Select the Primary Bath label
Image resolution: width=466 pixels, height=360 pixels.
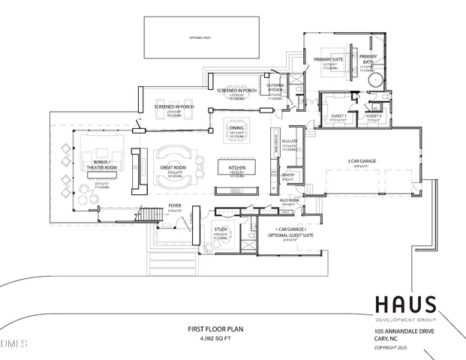[x=368, y=58]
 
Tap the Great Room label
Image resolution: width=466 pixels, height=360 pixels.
[x=173, y=168]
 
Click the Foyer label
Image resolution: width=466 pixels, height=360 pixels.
[x=174, y=205]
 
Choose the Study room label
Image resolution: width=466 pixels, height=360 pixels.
[x=221, y=229]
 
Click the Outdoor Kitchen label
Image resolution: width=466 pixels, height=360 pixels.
[x=270, y=87]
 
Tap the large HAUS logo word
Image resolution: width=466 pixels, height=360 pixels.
[x=404, y=304]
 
